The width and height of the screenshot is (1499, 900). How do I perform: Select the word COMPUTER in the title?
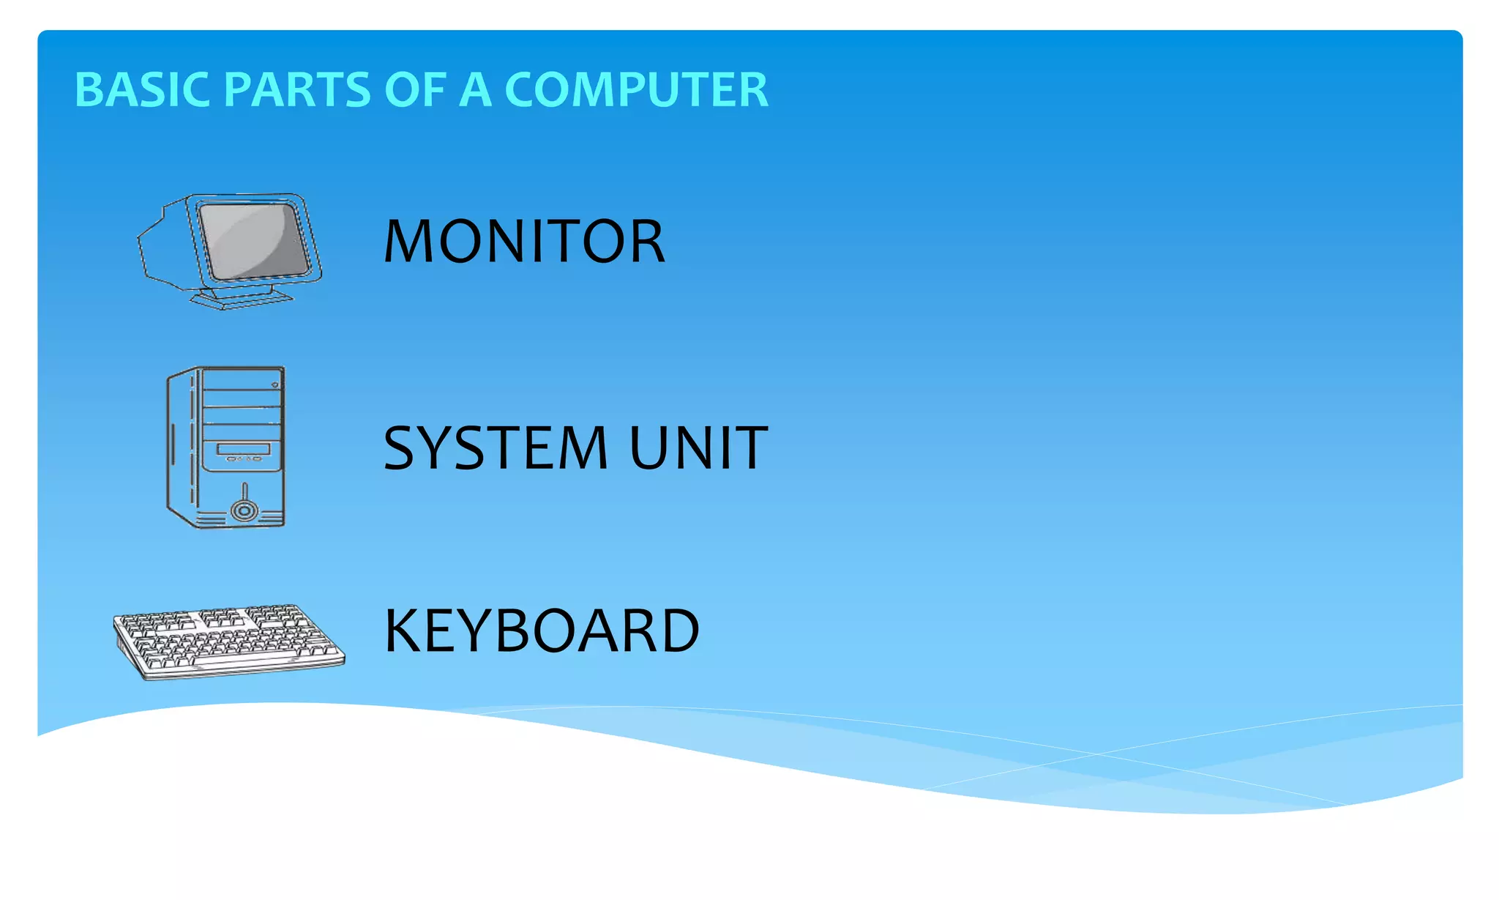(636, 90)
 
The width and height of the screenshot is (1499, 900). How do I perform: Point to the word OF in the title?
(415, 90)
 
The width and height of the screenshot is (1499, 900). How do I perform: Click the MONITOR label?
(524, 242)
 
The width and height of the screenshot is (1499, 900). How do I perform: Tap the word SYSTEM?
(496, 448)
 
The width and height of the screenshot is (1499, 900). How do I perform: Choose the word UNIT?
(698, 448)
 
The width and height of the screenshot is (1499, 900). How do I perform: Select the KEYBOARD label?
(542, 631)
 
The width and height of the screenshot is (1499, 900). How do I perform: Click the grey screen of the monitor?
(253, 239)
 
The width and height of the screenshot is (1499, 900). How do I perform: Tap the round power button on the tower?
(244, 510)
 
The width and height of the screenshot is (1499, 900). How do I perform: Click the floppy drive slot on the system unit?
(244, 449)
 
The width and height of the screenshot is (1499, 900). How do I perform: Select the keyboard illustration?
(228, 641)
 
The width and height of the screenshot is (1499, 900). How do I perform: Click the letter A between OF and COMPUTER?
(475, 90)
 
